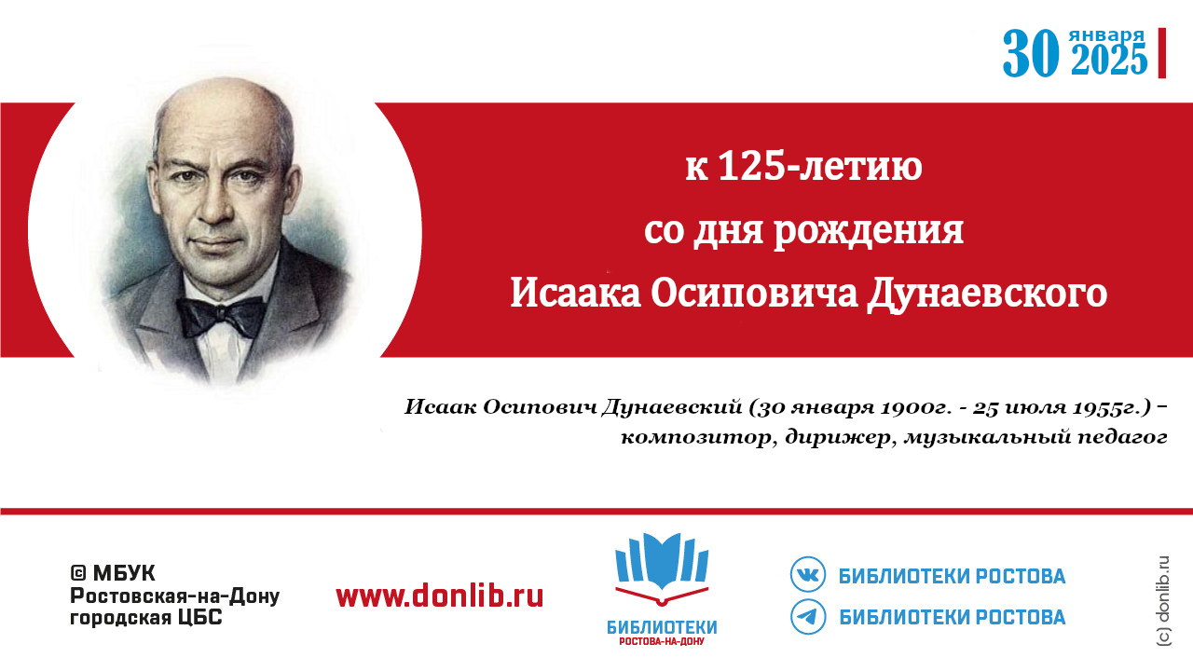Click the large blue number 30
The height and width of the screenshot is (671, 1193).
(x=1030, y=53)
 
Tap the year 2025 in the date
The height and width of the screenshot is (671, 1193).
(x=1109, y=59)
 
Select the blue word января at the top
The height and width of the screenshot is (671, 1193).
(x=1106, y=35)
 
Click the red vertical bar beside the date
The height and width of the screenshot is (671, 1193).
(x=1162, y=53)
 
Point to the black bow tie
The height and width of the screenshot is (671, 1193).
(x=221, y=316)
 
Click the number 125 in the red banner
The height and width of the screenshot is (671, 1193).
(x=748, y=166)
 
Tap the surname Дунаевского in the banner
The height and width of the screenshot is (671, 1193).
(x=987, y=294)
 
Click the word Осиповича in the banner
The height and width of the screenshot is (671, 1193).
(x=754, y=293)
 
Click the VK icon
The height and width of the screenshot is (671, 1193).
(x=808, y=574)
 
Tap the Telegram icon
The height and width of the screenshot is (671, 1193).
(x=808, y=617)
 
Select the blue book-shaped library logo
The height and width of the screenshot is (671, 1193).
(x=662, y=568)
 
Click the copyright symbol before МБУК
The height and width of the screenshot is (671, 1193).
(x=77, y=573)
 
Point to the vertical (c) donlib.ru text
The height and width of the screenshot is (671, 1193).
(x=1164, y=601)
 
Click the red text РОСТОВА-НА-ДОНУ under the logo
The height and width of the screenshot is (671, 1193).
(x=662, y=641)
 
